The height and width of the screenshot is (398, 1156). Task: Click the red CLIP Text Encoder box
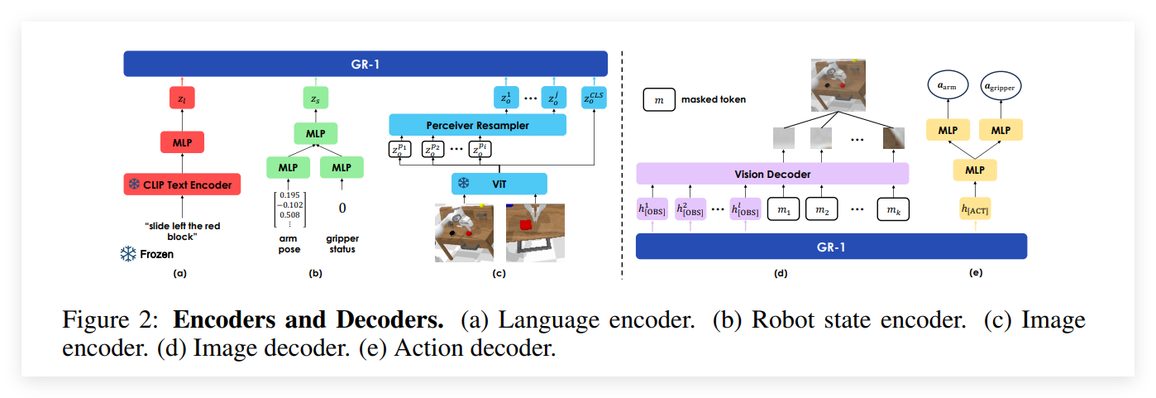point(182,184)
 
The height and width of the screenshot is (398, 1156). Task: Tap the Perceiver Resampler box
point(477,125)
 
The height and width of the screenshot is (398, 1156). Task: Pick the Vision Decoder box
point(771,174)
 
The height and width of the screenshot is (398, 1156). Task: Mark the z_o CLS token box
point(594,98)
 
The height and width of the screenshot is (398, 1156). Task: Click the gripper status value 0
point(342,208)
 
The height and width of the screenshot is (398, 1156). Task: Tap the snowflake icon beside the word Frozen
point(128,254)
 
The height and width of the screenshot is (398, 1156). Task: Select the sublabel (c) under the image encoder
point(499,272)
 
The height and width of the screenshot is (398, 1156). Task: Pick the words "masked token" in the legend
point(714,100)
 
